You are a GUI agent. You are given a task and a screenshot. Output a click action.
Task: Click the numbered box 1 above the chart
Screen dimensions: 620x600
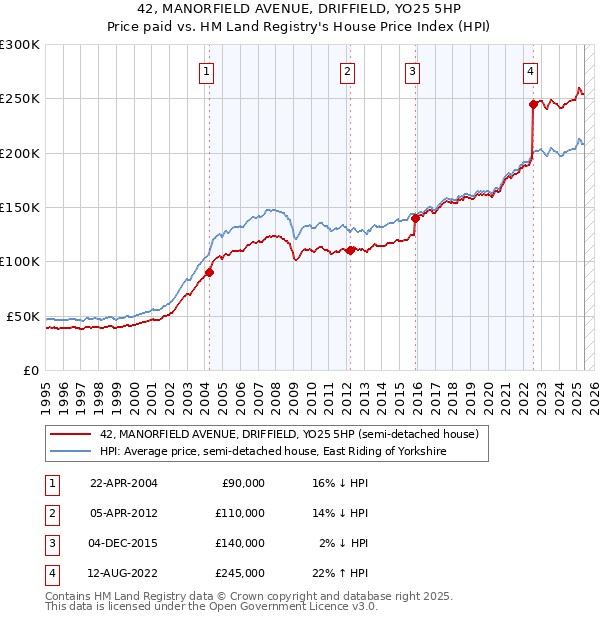[x=205, y=71]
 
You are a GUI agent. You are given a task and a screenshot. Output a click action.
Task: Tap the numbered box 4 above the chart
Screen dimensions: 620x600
[x=530, y=71]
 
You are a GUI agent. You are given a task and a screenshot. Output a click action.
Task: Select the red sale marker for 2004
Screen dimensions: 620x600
[x=210, y=272]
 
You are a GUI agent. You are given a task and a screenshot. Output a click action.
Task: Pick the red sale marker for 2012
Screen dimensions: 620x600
[x=351, y=251]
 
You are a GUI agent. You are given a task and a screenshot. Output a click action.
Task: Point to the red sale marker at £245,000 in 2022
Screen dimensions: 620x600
[x=533, y=103]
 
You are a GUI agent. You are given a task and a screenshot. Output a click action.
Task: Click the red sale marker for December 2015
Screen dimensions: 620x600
[x=415, y=218]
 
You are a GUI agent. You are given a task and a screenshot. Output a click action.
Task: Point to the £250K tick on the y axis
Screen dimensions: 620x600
[x=20, y=99]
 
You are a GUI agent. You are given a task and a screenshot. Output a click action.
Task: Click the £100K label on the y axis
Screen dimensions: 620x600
[x=20, y=261]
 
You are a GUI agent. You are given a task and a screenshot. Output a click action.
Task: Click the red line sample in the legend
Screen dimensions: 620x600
[x=70, y=435]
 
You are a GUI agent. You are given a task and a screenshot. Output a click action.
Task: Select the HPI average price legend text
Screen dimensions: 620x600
[x=273, y=452]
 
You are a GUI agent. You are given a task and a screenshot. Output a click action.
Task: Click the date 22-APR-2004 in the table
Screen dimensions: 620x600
[x=124, y=483]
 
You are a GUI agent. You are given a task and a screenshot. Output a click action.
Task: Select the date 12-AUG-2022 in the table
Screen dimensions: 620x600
[x=124, y=573]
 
